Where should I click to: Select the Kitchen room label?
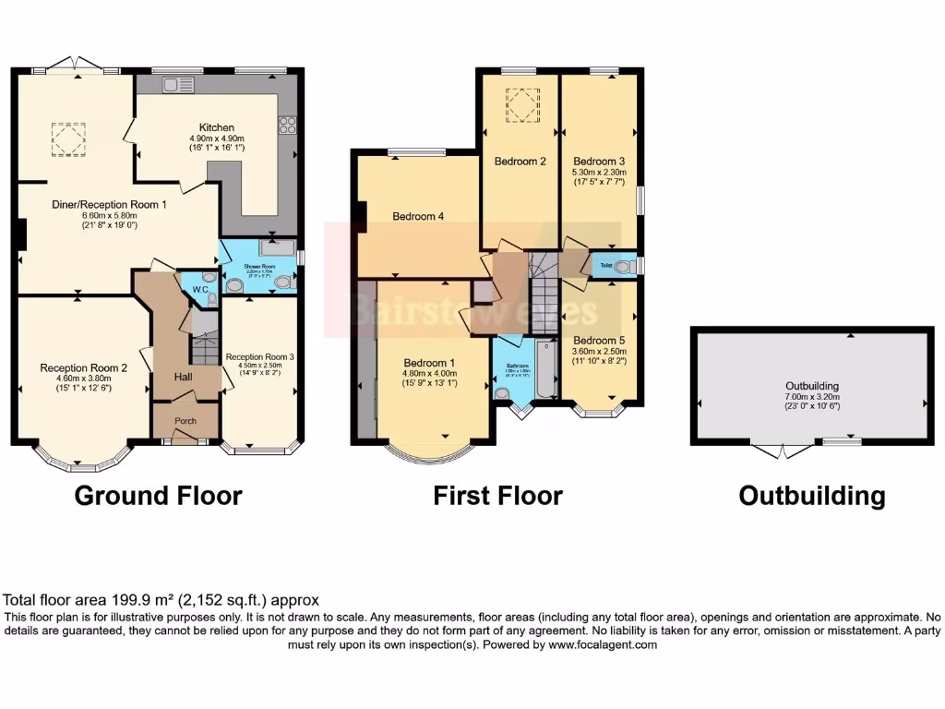[217, 127]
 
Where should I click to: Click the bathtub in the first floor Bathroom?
[544, 369]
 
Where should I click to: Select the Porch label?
[185, 420]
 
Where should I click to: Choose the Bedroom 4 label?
[418, 217]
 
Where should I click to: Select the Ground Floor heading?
[158, 496]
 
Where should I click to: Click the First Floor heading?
[497, 496]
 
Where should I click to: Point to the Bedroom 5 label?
[599, 340]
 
